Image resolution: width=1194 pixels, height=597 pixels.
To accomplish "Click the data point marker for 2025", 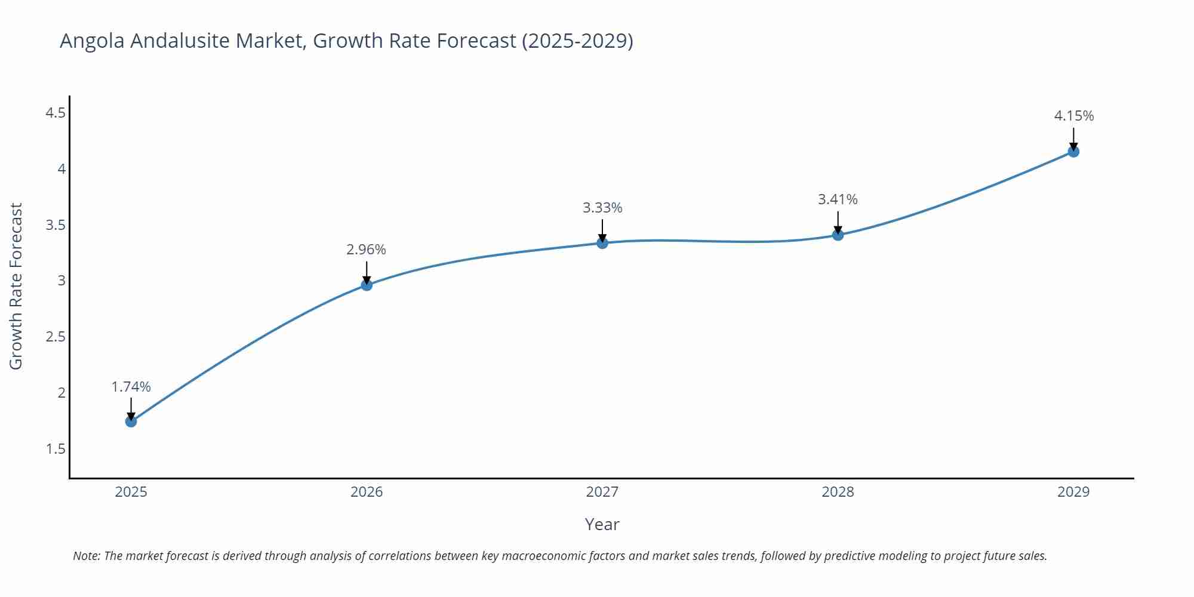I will point(131,421).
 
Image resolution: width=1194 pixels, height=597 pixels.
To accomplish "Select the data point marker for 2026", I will point(367,285).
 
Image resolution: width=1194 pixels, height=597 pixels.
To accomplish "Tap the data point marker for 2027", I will point(602,243).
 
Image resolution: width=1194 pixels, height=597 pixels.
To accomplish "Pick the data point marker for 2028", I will point(838,235).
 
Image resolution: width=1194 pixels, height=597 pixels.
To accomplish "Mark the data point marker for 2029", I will point(1073,152).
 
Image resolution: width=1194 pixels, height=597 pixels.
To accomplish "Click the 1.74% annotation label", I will point(131,387).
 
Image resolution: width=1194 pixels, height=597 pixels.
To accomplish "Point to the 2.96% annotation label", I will point(366,250).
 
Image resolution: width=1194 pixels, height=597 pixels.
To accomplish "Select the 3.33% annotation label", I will point(602,208).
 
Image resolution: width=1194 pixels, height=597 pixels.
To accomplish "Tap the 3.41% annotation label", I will point(838,199).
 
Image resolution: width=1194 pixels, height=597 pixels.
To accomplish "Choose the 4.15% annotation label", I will point(1073,116).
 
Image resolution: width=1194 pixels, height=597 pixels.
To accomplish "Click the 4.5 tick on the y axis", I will point(56,113).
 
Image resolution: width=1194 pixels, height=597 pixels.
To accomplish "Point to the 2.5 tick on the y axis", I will point(56,337).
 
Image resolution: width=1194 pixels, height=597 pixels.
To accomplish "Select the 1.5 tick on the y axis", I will point(56,449).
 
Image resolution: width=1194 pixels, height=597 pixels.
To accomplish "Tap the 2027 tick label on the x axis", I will point(602,492).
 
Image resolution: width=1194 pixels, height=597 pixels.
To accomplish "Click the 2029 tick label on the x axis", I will point(1073,492).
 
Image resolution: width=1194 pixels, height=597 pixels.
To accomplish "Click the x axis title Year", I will point(602,524).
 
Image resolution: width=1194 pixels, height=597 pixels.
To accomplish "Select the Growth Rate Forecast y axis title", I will point(16,286).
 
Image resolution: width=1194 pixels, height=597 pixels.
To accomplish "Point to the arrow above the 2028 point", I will point(838,222).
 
